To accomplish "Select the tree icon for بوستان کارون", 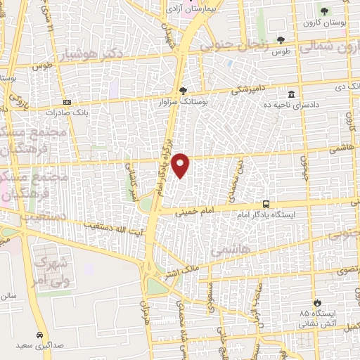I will point(324,11).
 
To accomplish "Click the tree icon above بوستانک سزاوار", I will point(184,91).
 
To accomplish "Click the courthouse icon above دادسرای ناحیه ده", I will point(291,94).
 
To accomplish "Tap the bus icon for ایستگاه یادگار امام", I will point(266,201).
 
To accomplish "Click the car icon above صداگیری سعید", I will point(40,335).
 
